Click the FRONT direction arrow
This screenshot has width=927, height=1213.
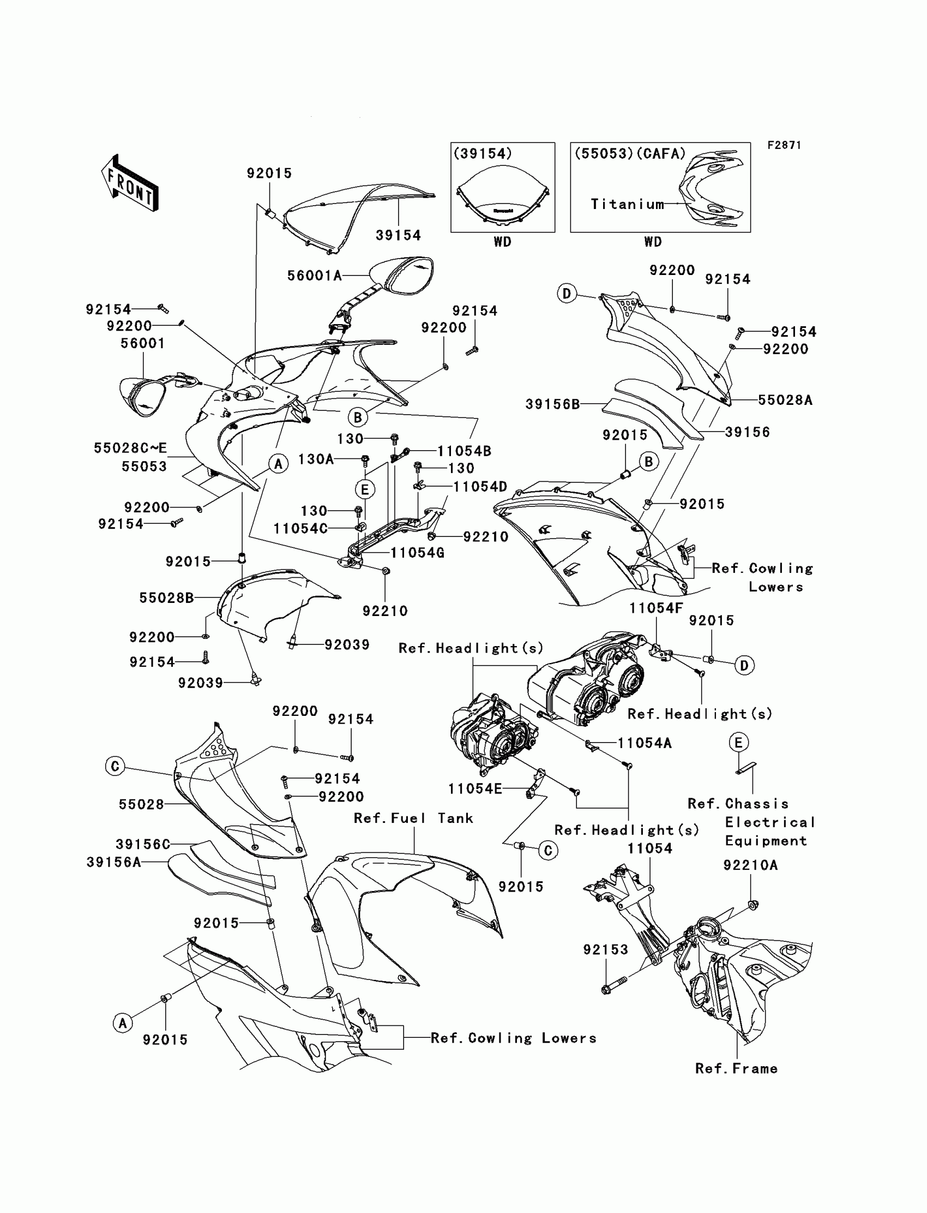coord(129,183)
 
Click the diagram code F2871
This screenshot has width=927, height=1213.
coord(784,145)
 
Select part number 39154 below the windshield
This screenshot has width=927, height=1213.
coord(398,235)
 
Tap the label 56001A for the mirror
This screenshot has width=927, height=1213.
coord(315,275)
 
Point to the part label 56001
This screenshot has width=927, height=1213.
coord(143,343)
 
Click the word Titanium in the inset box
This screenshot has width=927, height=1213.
coord(628,204)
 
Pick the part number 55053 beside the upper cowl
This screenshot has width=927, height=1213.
coord(144,467)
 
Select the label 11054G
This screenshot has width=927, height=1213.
coord(417,553)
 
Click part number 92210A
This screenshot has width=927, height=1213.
coord(750,865)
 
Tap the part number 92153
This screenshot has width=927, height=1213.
coord(605,949)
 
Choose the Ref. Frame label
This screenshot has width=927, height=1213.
coord(736,1068)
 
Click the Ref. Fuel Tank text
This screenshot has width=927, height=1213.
coord(413,818)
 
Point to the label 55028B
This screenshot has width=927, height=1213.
coord(166,597)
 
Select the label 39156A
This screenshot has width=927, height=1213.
coord(113,862)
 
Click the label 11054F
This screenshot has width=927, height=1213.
coord(656,608)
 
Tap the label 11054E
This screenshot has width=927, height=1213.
coord(474,789)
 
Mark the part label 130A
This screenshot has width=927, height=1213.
coord(316,459)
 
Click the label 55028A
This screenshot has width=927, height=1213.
coord(785,401)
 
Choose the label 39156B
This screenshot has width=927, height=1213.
coord(552,404)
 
